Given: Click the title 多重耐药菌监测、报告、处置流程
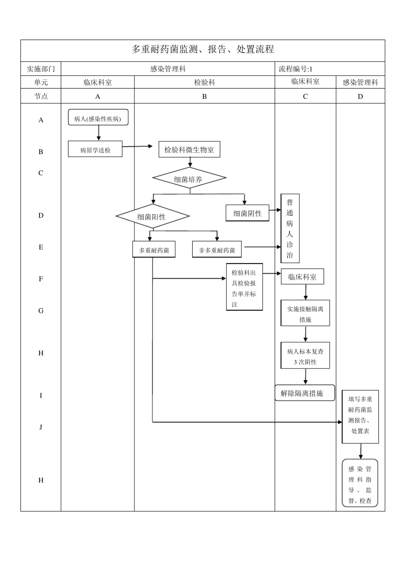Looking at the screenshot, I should point(202,49).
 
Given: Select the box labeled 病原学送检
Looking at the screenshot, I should point(95,149).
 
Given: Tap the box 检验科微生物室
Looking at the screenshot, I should point(189,150).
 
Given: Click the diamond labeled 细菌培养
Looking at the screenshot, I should point(189,179).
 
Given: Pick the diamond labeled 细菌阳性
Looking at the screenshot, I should point(152,217).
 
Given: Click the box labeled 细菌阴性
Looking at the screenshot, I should point(247,213).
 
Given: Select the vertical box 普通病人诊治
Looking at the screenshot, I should point(290,229).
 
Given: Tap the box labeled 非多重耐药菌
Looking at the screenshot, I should point(217,250).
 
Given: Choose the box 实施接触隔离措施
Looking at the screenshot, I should point(305,314).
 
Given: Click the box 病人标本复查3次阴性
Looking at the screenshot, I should point(305,356).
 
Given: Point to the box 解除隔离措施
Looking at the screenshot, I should point(304,393).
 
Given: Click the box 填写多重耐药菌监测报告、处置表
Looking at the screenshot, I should point(360,416).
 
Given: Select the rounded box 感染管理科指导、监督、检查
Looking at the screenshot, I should point(360,483).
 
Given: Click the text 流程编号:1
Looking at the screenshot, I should point(296,69).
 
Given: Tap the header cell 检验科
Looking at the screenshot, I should point(205,83).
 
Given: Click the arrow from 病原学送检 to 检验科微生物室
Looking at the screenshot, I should point(137,146).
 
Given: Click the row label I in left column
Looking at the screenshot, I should point(41,395).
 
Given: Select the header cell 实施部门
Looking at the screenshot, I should point(41,69).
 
